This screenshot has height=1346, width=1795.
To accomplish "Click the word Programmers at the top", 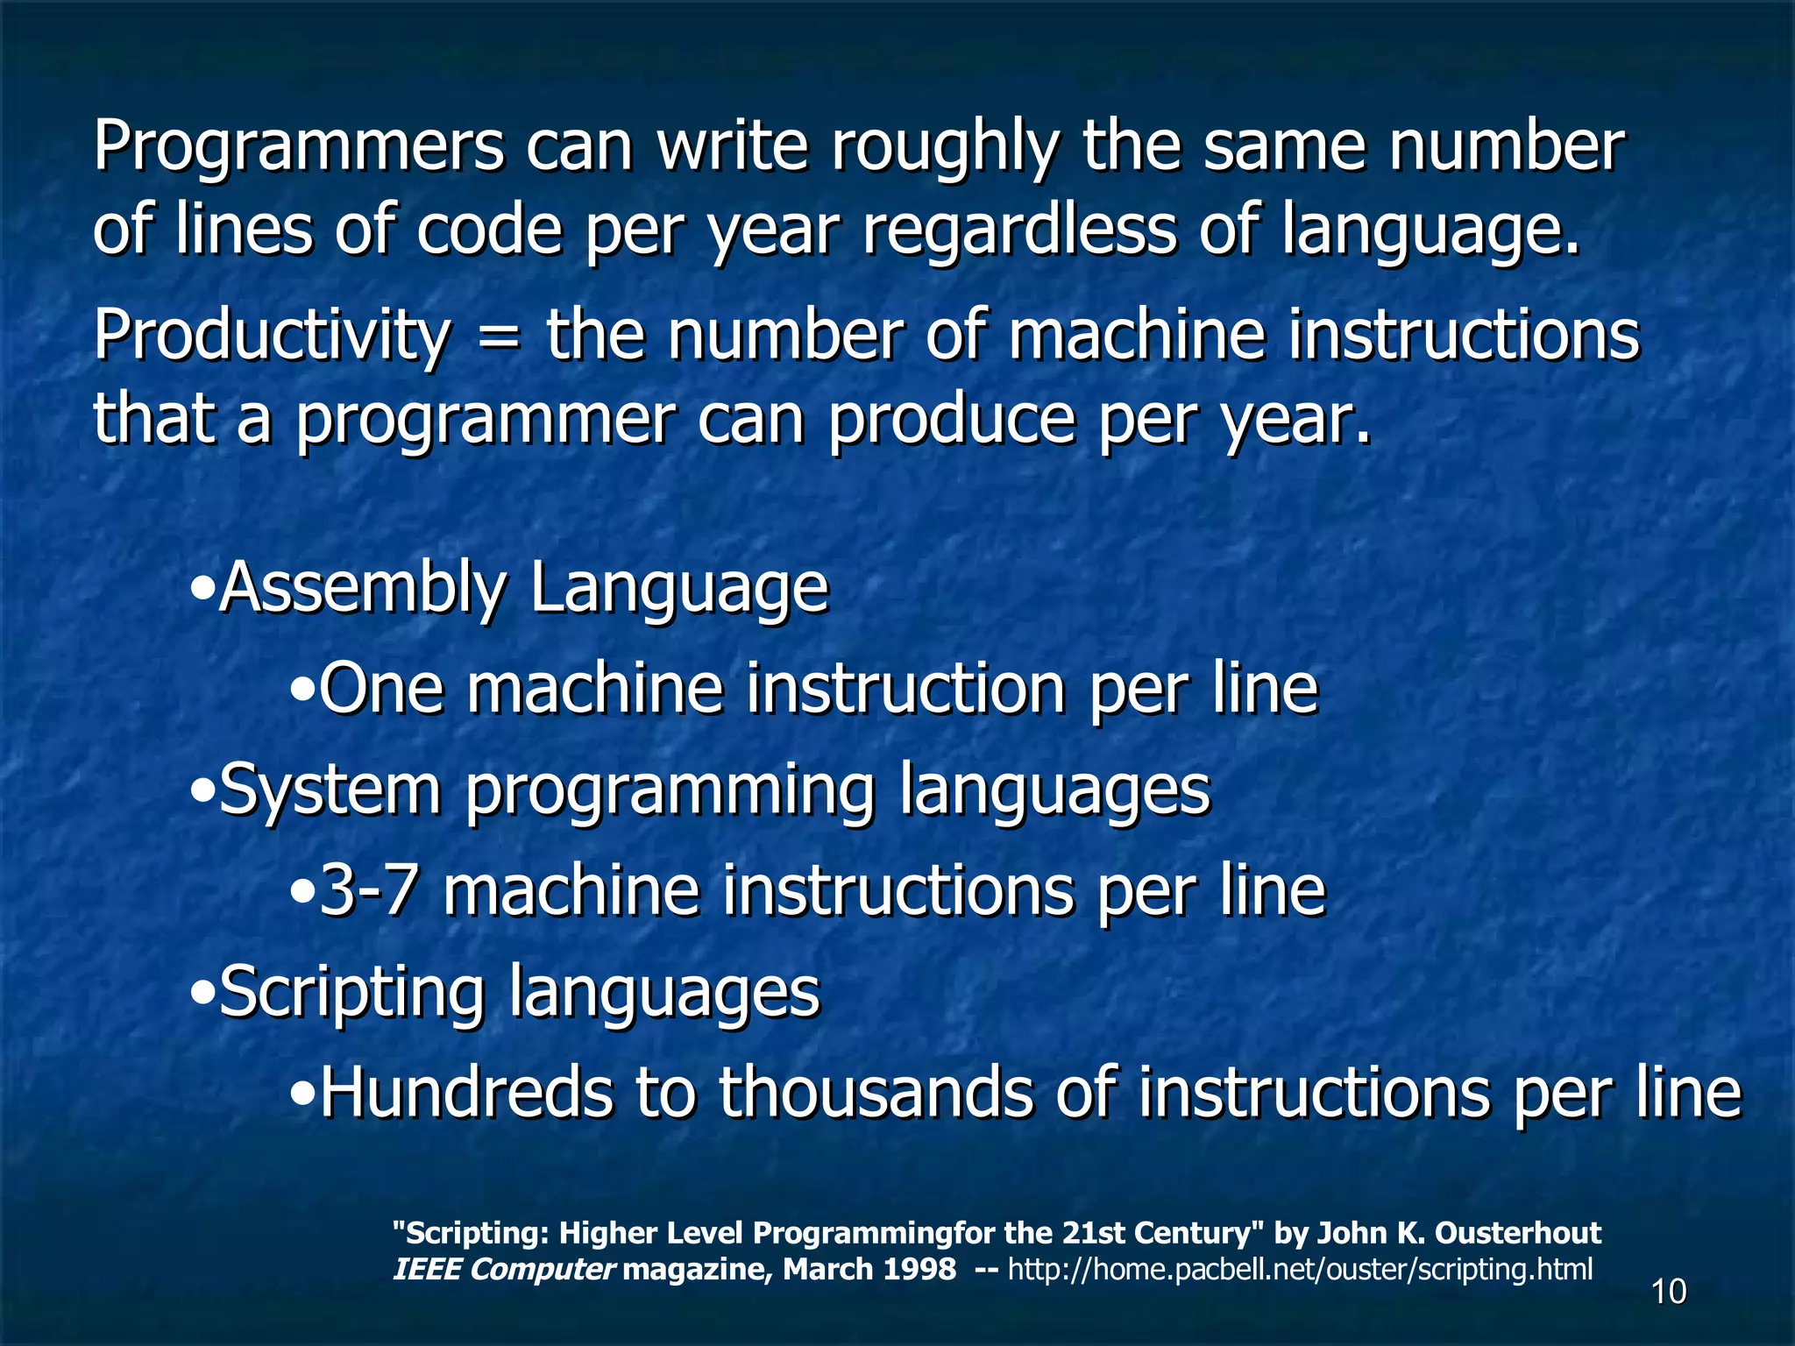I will click(299, 148).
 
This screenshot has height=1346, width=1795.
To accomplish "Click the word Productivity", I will click(272, 336).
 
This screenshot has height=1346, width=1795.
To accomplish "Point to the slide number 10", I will click(1669, 1292).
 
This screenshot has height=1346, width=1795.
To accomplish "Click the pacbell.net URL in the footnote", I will click(1301, 1269).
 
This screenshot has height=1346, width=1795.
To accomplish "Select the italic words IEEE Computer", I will click(504, 1269).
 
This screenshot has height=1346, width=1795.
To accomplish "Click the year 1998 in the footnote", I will click(919, 1269).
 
